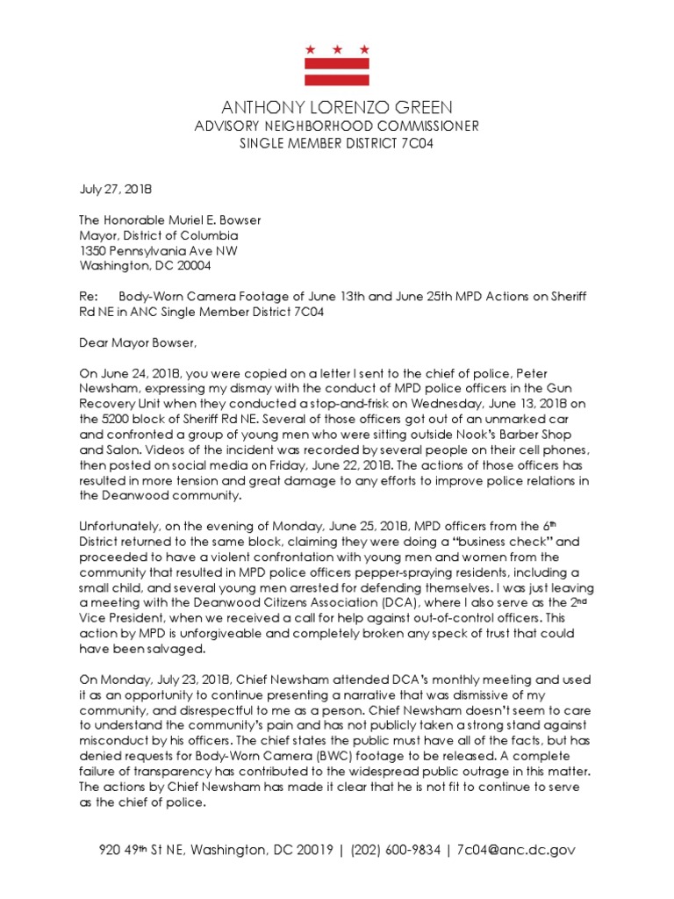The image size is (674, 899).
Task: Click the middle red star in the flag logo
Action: (x=337, y=48)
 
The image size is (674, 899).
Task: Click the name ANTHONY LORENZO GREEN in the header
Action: (x=337, y=107)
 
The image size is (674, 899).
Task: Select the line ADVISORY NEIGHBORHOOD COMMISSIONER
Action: (x=337, y=126)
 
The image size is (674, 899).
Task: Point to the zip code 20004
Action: (x=190, y=265)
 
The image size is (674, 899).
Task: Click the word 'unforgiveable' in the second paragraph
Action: (x=214, y=633)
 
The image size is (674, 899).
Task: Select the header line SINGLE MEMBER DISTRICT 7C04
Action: (x=337, y=143)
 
